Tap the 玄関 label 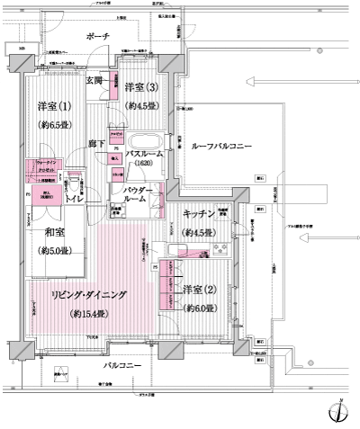[94, 80]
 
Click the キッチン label [198, 214]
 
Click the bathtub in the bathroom [144, 140]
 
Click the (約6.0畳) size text [200, 308]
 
